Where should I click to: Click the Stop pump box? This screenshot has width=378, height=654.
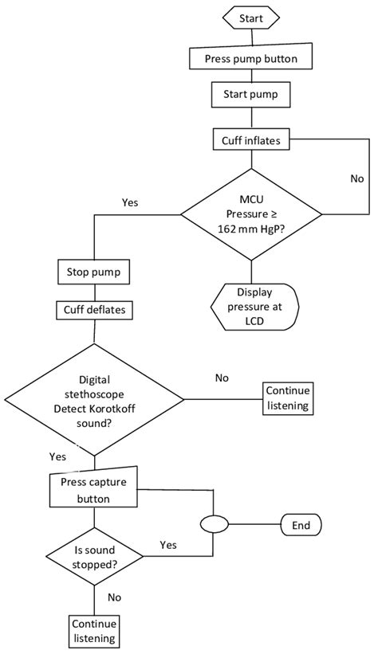pos(94,272)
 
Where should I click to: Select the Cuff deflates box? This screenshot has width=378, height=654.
pos(94,309)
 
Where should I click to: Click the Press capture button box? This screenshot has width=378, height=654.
pos(94,491)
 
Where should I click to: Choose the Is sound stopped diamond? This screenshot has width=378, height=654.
pos(94,556)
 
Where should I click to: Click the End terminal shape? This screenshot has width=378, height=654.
pos(301,525)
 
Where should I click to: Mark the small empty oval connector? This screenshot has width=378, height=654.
pos(213,525)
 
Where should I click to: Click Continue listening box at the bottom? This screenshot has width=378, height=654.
pos(94,630)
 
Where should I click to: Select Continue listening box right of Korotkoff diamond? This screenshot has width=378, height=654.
pos(289,398)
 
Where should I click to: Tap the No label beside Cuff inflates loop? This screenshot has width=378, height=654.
pos(356,179)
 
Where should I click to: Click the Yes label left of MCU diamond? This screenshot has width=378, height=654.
pos(130,203)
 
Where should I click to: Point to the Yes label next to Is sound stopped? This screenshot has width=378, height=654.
pos(168,545)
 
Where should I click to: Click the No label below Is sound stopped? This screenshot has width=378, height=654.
pos(114,596)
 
